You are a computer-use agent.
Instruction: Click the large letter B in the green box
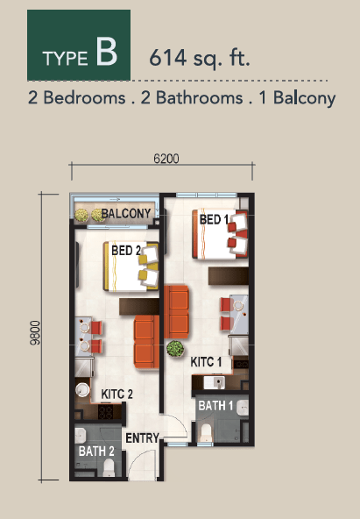107,52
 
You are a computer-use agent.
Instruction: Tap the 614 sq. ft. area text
200,59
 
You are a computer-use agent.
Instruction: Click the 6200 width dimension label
166,159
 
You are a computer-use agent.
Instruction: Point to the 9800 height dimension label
35,332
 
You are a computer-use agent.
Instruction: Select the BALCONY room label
126,214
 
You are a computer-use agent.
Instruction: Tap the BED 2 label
126,251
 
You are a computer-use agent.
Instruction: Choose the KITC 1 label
206,362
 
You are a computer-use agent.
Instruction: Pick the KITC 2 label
117,395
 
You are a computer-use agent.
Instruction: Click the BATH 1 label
215,405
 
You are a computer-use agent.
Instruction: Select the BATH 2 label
96,451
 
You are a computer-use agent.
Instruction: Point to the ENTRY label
143,438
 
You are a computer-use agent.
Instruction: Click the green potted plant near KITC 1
175,349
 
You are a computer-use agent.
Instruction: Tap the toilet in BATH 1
206,432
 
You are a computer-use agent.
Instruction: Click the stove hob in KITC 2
105,412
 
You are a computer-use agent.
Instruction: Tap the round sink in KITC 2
82,390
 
